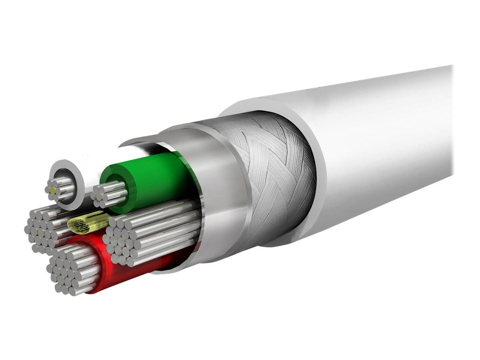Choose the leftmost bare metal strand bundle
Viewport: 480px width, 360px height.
[x=42, y=230]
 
